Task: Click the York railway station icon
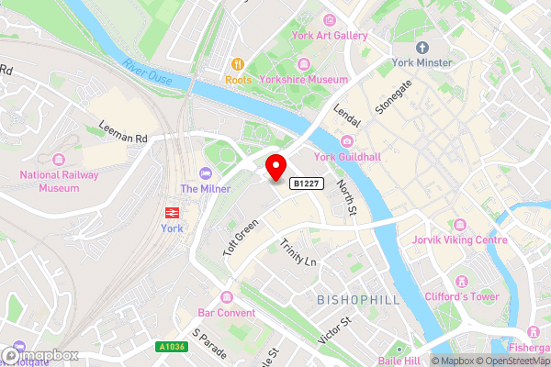(171, 211)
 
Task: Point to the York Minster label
(422, 62)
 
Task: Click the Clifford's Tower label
(462, 296)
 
